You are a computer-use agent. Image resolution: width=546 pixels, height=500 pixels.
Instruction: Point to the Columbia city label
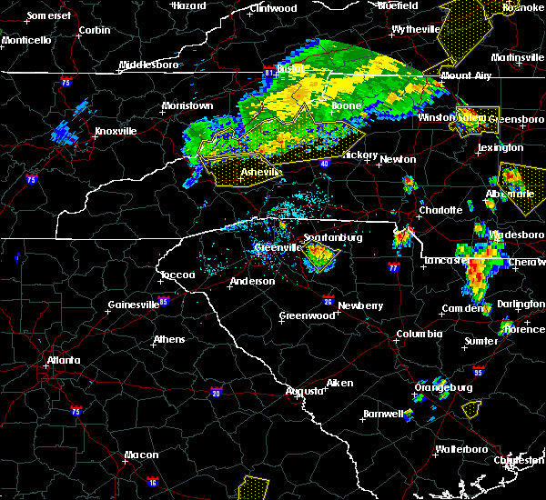(x=419, y=334)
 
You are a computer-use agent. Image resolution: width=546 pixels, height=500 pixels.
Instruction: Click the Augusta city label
(x=304, y=391)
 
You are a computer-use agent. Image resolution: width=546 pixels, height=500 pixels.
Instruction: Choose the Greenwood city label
(x=308, y=315)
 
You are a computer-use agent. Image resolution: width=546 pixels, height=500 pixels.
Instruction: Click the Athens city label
(x=169, y=340)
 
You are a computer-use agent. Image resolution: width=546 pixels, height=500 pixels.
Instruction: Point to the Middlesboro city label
(x=150, y=65)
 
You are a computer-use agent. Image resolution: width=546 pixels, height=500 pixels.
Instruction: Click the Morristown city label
(x=187, y=105)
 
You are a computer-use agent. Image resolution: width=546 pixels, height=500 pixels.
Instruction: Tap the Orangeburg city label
(x=443, y=387)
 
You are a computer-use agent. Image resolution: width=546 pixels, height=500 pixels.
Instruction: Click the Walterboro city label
(x=462, y=449)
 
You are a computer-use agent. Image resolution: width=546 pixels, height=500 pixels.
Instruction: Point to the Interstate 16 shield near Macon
(x=153, y=483)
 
